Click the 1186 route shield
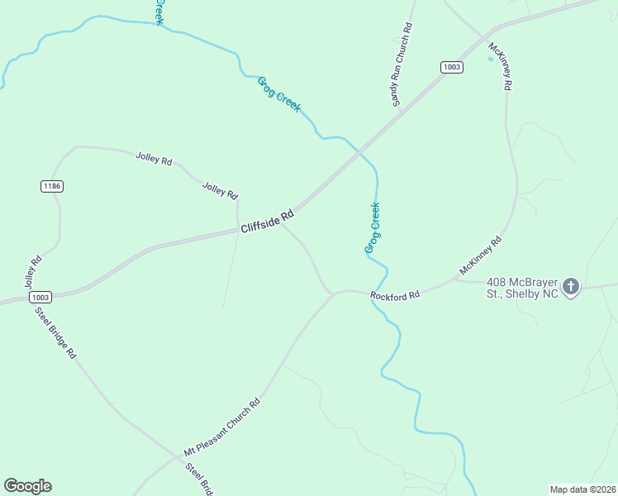click(x=51, y=186)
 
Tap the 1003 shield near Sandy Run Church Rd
click(x=451, y=67)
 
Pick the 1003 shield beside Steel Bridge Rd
click(x=40, y=297)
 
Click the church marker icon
click(x=571, y=288)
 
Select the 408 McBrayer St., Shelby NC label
click(x=522, y=288)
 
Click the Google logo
click(x=27, y=486)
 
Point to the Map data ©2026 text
click(x=582, y=489)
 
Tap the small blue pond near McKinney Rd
click(x=490, y=59)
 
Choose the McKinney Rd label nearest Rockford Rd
click(x=480, y=257)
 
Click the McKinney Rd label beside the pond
click(x=502, y=66)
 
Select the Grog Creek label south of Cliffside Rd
click(x=373, y=228)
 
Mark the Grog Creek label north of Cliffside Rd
click(x=279, y=94)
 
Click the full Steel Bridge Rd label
click(x=55, y=333)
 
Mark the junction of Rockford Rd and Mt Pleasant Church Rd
click(x=333, y=293)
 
